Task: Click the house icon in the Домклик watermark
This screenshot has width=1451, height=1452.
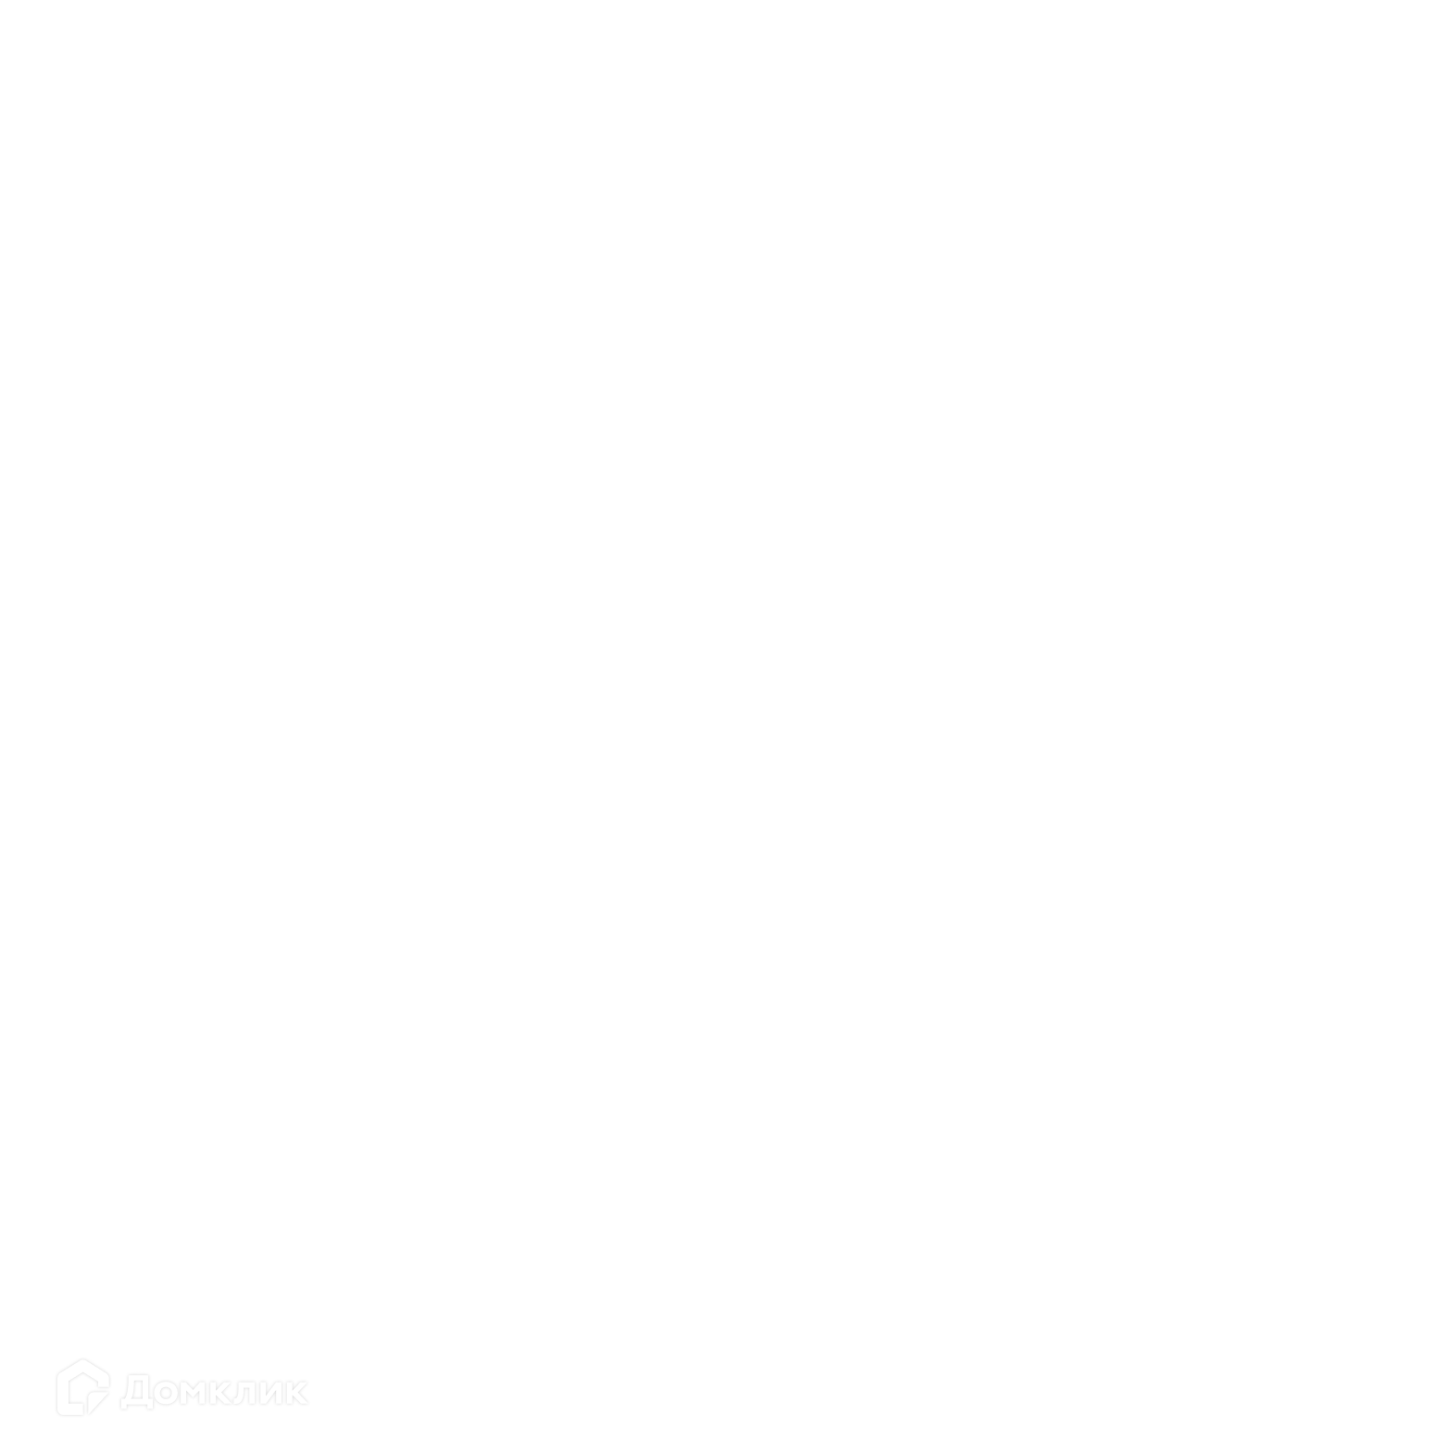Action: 83,1387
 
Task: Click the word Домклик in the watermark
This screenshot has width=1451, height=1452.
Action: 214,1391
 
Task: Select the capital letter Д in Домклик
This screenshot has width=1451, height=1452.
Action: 136,1392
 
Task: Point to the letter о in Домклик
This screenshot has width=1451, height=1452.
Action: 167,1393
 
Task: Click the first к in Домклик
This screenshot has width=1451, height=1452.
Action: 222,1393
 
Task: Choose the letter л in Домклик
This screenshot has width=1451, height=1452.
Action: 244,1393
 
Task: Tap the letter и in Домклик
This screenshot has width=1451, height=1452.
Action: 271,1393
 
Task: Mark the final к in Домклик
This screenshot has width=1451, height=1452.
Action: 297,1393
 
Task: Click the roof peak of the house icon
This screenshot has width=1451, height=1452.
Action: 83,1359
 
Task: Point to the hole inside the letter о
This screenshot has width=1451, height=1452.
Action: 167,1393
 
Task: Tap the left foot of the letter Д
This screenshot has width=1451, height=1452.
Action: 124,1406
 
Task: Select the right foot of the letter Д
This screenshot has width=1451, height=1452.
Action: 149,1406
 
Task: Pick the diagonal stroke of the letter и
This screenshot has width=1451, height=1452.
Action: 271,1393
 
